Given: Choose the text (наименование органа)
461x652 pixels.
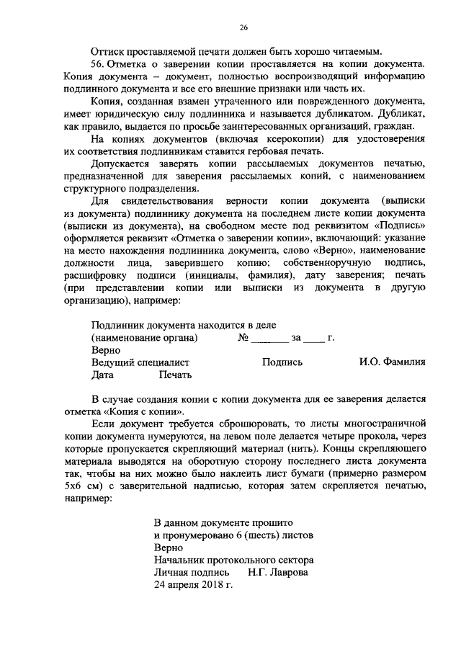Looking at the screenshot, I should coord(144,337).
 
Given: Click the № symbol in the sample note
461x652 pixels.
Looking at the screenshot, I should coord(243,337).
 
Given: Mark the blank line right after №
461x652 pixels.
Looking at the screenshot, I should coord(269,337).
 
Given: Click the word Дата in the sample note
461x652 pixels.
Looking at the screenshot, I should coord(103,375).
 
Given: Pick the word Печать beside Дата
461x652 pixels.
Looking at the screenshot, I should coord(175,375).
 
